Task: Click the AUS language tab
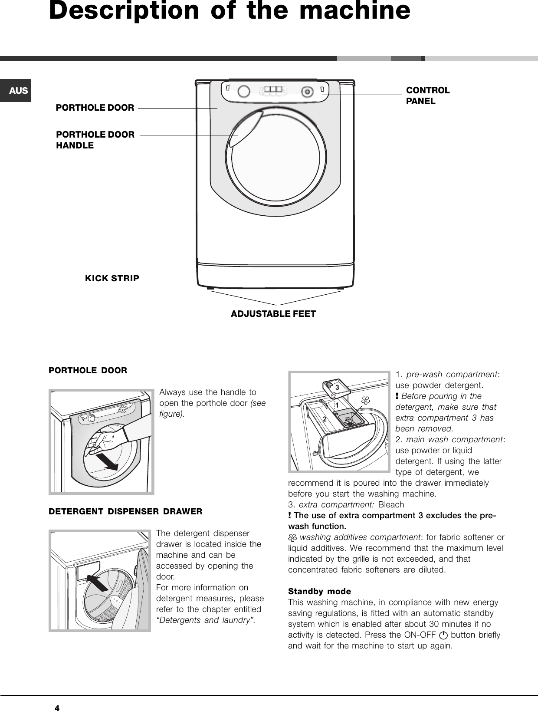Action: (x=18, y=91)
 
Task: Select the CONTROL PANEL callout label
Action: (x=427, y=95)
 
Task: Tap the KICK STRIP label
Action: (x=112, y=278)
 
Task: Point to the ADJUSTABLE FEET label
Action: (x=273, y=313)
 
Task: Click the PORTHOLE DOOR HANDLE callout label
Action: (x=95, y=140)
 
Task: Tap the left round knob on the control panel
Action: (x=244, y=91)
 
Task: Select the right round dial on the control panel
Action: (x=307, y=92)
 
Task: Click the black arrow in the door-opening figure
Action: (x=107, y=462)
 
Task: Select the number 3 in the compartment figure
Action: (x=337, y=387)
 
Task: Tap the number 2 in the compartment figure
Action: (x=324, y=419)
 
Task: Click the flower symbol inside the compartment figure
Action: (x=365, y=400)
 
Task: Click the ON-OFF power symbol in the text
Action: (x=443, y=635)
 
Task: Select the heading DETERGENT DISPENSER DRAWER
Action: (x=125, y=511)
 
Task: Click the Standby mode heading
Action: (x=319, y=591)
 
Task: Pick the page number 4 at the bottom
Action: (x=56, y=708)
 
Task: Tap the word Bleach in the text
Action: (x=391, y=505)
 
